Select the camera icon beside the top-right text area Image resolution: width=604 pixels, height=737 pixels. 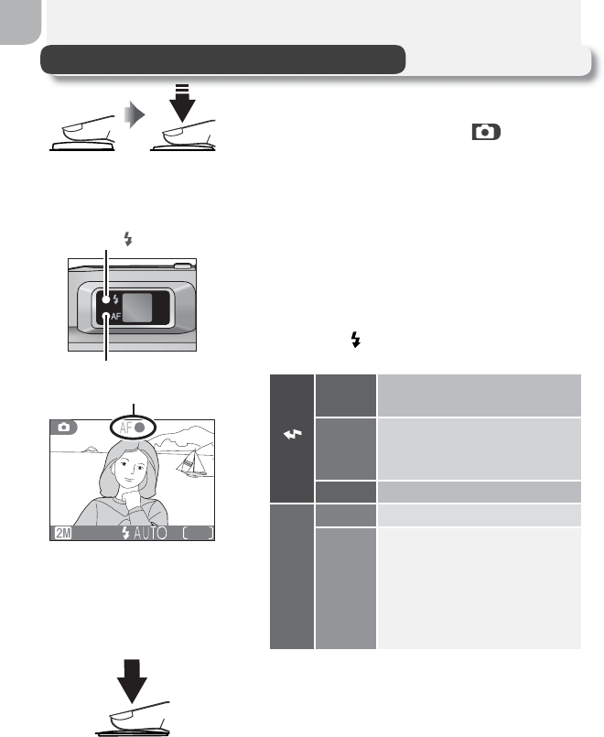(x=487, y=133)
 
